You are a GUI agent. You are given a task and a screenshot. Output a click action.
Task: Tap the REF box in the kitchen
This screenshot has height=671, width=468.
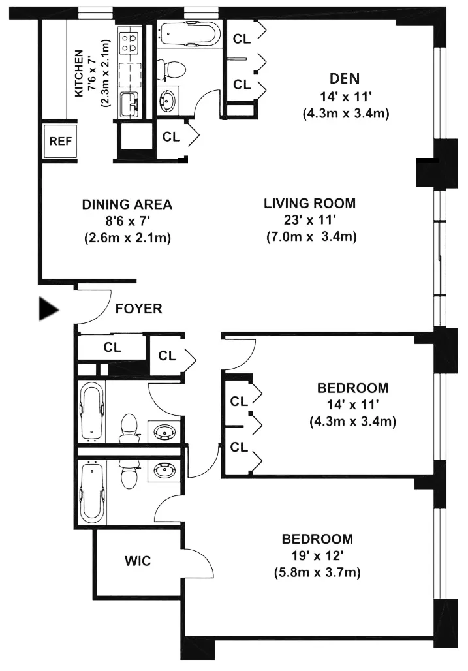(59, 140)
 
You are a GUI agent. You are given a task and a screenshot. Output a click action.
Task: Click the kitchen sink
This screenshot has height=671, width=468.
(129, 102)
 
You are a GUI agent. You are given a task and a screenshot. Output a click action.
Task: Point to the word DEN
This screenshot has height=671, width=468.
(345, 79)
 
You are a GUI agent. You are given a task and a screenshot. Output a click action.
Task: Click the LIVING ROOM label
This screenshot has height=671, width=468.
(310, 203)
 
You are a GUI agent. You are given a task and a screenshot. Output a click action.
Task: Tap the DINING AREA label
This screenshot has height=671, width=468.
(127, 204)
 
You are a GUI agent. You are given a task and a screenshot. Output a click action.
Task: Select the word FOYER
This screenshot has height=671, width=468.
(138, 309)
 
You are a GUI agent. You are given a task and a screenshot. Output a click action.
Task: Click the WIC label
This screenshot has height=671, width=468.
(138, 561)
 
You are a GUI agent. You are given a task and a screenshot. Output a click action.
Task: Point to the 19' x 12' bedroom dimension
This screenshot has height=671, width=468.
(317, 556)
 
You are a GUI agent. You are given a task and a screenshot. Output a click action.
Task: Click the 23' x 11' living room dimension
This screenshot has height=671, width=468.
(310, 220)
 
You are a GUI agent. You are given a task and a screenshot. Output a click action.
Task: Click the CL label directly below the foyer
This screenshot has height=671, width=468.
(112, 347)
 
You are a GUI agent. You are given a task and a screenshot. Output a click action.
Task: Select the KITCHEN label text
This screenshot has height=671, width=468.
(79, 73)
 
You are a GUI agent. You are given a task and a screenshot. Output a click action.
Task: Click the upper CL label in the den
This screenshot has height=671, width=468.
(242, 39)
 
